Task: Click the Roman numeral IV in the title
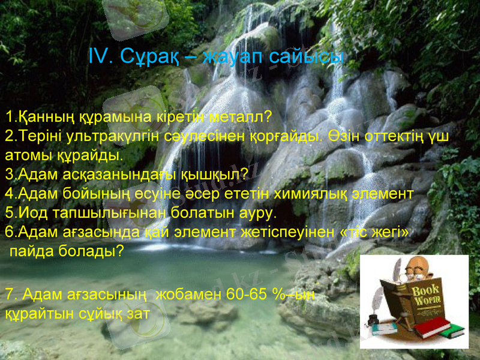pos(100,57)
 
